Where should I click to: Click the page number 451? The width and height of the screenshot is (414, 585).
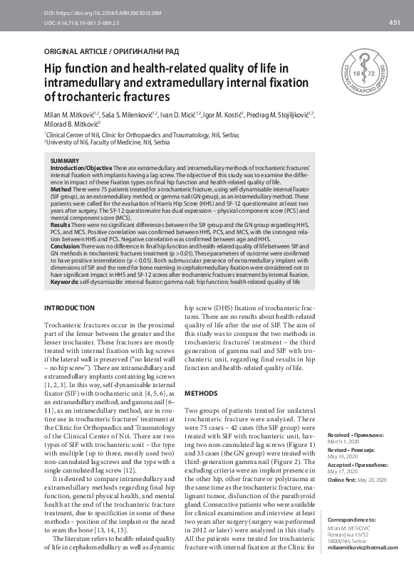[394, 23]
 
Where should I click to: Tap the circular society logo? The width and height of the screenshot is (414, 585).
[371, 75]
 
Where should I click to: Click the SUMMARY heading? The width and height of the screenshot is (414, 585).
[66, 162]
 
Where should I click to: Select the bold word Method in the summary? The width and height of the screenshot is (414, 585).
[61, 190]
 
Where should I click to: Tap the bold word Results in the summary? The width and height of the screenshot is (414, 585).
[61, 224]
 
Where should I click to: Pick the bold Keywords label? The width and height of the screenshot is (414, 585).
[65, 282]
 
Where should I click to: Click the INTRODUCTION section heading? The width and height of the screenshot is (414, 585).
[69, 307]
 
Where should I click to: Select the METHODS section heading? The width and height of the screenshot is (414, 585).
[200, 393]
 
